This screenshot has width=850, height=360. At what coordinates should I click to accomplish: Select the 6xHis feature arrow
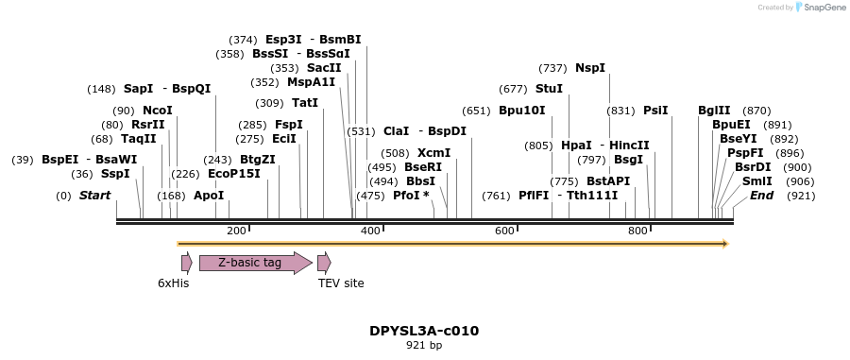click(x=186, y=263)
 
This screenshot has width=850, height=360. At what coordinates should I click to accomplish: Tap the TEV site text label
click(x=340, y=283)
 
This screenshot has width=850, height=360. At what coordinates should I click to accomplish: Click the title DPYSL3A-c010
click(x=424, y=331)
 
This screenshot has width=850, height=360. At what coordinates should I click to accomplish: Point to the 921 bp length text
click(x=424, y=345)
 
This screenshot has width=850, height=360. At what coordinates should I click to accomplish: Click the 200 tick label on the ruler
click(x=236, y=231)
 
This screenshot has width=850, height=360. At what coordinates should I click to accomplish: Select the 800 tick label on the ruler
click(x=637, y=231)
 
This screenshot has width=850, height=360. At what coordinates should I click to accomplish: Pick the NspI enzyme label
click(x=589, y=68)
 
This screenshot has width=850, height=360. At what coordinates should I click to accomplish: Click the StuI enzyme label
click(x=549, y=89)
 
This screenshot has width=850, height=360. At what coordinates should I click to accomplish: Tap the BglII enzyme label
click(x=713, y=111)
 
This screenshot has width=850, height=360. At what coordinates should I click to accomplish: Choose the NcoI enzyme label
click(x=158, y=111)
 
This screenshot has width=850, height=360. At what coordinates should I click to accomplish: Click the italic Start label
click(x=94, y=196)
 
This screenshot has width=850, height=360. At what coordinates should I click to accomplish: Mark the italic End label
click(x=761, y=196)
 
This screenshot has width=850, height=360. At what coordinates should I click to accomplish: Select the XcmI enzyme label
click(x=433, y=153)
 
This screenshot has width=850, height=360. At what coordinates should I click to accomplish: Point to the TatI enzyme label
click(x=305, y=103)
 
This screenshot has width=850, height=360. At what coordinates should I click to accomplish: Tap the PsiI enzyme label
click(x=655, y=111)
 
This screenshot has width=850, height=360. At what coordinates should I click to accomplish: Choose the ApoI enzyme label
click(x=209, y=196)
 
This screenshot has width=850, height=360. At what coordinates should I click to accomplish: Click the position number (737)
click(x=552, y=68)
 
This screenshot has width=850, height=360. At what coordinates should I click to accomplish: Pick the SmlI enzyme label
click(x=756, y=181)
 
